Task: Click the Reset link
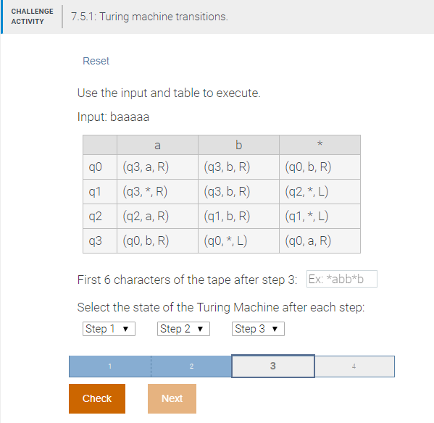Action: (96, 61)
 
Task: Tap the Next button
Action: (172, 398)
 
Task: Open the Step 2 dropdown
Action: (183, 329)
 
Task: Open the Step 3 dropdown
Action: (258, 329)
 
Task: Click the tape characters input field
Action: (341, 280)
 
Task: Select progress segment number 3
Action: (272, 366)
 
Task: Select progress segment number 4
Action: (354, 366)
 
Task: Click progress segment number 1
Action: (109, 366)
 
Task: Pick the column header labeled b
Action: (238, 145)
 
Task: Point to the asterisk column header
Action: (319, 145)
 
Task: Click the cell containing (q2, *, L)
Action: (309, 191)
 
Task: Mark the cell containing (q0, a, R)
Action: (309, 240)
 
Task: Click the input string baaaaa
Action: (130, 117)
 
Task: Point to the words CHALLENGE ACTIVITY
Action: (32, 16)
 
